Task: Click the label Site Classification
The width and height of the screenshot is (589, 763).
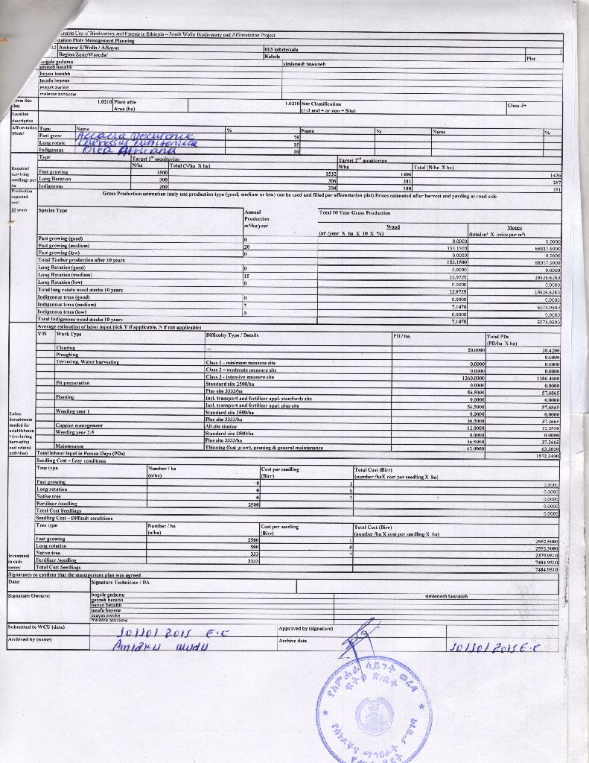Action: pyautogui.click(x=321, y=104)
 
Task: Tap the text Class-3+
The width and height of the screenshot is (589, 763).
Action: pyautogui.click(x=518, y=105)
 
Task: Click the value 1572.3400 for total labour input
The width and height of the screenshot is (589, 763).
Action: pyautogui.click(x=547, y=455)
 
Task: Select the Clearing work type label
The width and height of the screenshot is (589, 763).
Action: pyautogui.click(x=66, y=348)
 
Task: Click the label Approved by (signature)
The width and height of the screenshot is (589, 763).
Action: pyautogui.click(x=305, y=627)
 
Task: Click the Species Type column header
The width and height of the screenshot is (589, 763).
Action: pyautogui.click(x=53, y=210)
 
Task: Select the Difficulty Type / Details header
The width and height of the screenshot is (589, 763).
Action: pyautogui.click(x=232, y=335)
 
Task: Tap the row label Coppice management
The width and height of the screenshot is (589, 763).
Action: pyautogui.click(x=79, y=425)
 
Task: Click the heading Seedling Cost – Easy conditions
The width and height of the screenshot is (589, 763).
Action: pyautogui.click(x=71, y=461)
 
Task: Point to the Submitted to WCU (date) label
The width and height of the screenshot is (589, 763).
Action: pyautogui.click(x=36, y=627)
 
